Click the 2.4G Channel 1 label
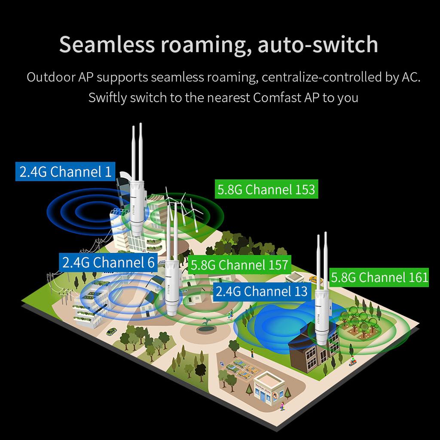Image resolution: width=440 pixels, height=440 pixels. pyautogui.click(x=65, y=172)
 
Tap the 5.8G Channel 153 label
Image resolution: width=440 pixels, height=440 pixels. pyautogui.click(x=266, y=189)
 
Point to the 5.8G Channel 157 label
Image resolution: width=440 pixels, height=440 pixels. pyautogui.click(x=239, y=265)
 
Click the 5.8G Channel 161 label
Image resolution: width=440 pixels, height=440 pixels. pyautogui.click(x=380, y=277)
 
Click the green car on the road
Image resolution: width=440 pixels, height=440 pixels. pyautogui.click(x=111, y=331)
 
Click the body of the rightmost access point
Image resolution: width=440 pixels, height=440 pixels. pyautogui.click(x=321, y=314)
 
